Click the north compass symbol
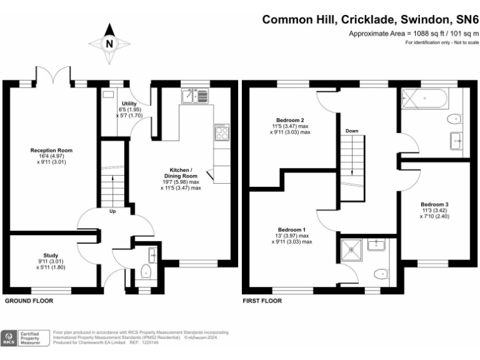click(x=109, y=42)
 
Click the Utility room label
click(x=129, y=103)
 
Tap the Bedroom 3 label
click(x=434, y=204)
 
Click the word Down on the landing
click(x=352, y=131)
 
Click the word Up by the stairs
click(x=112, y=211)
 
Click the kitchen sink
click(x=196, y=96)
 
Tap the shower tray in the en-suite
click(x=352, y=251)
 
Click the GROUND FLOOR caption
click(x=29, y=301)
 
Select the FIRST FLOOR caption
click(x=262, y=301)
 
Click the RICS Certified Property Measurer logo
click(x=24, y=338)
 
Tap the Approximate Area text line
click(x=412, y=33)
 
